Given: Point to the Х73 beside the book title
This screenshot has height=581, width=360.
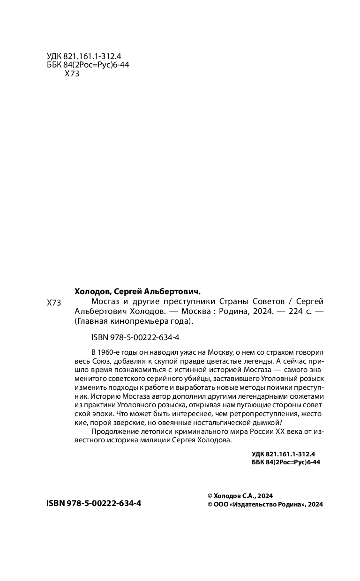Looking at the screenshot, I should pos(54,303).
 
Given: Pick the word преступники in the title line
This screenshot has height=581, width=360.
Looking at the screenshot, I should pos(187,301).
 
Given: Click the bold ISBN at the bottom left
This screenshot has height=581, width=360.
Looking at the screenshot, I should pos(94,503).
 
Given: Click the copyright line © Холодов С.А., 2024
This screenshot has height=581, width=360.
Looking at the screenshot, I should pos(240,496).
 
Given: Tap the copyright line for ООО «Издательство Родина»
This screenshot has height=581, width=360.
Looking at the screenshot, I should pos(265,505).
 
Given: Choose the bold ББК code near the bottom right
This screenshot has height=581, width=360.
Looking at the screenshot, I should pos(286,462).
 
